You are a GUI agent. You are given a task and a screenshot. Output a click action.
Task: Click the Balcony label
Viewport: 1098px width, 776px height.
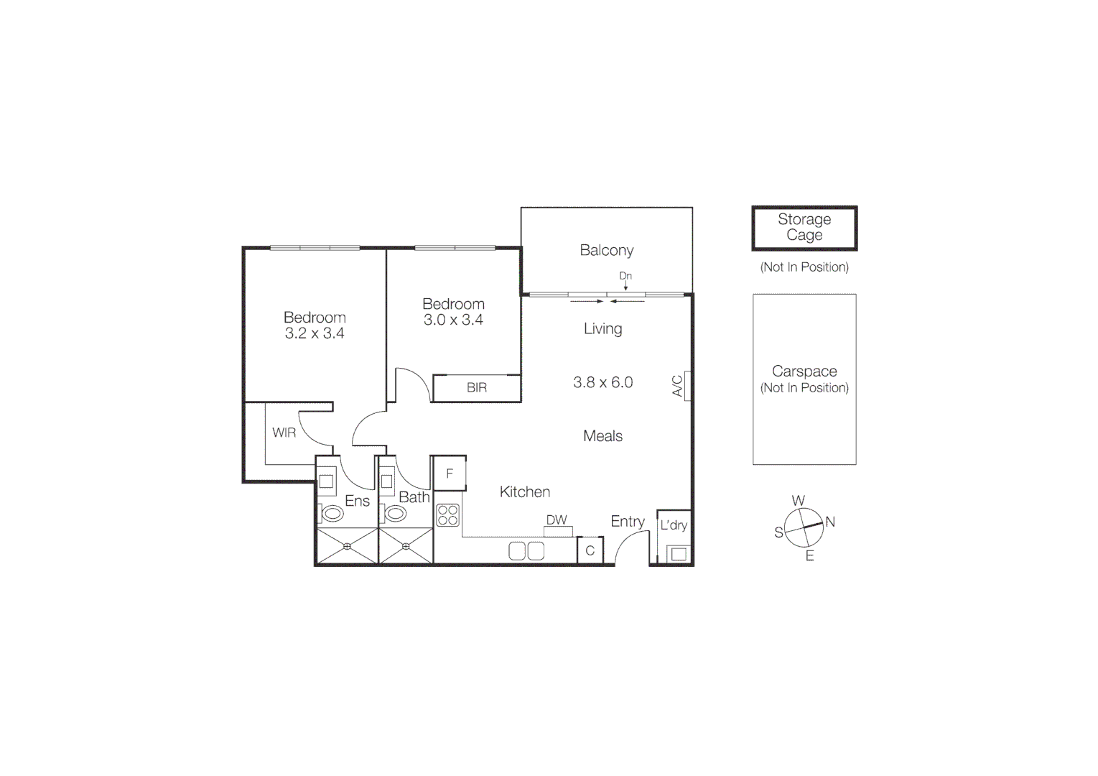(606, 250)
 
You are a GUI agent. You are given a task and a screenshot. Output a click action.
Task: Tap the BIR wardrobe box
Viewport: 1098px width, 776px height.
(476, 388)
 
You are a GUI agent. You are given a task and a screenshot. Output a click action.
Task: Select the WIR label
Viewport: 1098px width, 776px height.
(284, 433)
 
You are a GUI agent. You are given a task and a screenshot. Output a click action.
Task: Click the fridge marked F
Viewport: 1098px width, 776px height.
(450, 474)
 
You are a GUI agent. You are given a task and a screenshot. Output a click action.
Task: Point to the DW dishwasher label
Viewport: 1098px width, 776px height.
(557, 520)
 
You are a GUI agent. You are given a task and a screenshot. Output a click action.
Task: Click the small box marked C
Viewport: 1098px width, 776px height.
(590, 551)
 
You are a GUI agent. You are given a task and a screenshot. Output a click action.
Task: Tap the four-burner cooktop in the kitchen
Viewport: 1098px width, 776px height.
(447, 515)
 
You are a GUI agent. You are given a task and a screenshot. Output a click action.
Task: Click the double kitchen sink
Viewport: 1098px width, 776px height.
(526, 551)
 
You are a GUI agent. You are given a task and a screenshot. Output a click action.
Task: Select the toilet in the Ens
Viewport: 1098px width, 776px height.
(332, 513)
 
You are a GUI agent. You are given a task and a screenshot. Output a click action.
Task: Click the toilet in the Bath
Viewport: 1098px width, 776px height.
(395, 513)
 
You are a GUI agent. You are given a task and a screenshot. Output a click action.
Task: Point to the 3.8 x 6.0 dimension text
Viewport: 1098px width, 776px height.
(602, 382)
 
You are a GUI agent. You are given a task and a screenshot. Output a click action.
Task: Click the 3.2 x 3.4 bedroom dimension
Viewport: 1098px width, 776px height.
(314, 333)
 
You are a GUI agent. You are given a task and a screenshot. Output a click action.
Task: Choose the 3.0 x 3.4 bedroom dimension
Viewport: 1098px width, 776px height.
(453, 320)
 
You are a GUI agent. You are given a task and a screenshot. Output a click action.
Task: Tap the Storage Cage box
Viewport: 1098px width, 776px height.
(804, 228)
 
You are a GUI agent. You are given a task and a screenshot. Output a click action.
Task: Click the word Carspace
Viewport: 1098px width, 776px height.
(804, 371)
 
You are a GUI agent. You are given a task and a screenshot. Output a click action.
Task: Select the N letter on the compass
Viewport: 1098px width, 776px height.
(830, 522)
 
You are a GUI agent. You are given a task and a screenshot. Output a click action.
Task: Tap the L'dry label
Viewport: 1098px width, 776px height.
(674, 525)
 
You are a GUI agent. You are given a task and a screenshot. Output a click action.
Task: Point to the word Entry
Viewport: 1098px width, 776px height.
(628, 522)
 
